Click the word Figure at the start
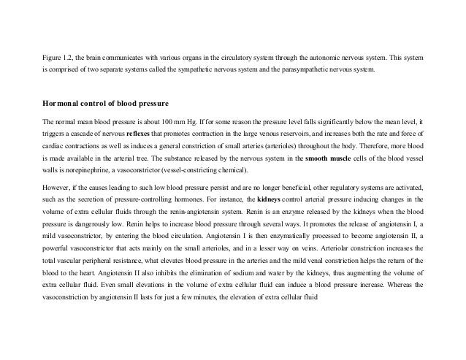coord(53,56)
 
